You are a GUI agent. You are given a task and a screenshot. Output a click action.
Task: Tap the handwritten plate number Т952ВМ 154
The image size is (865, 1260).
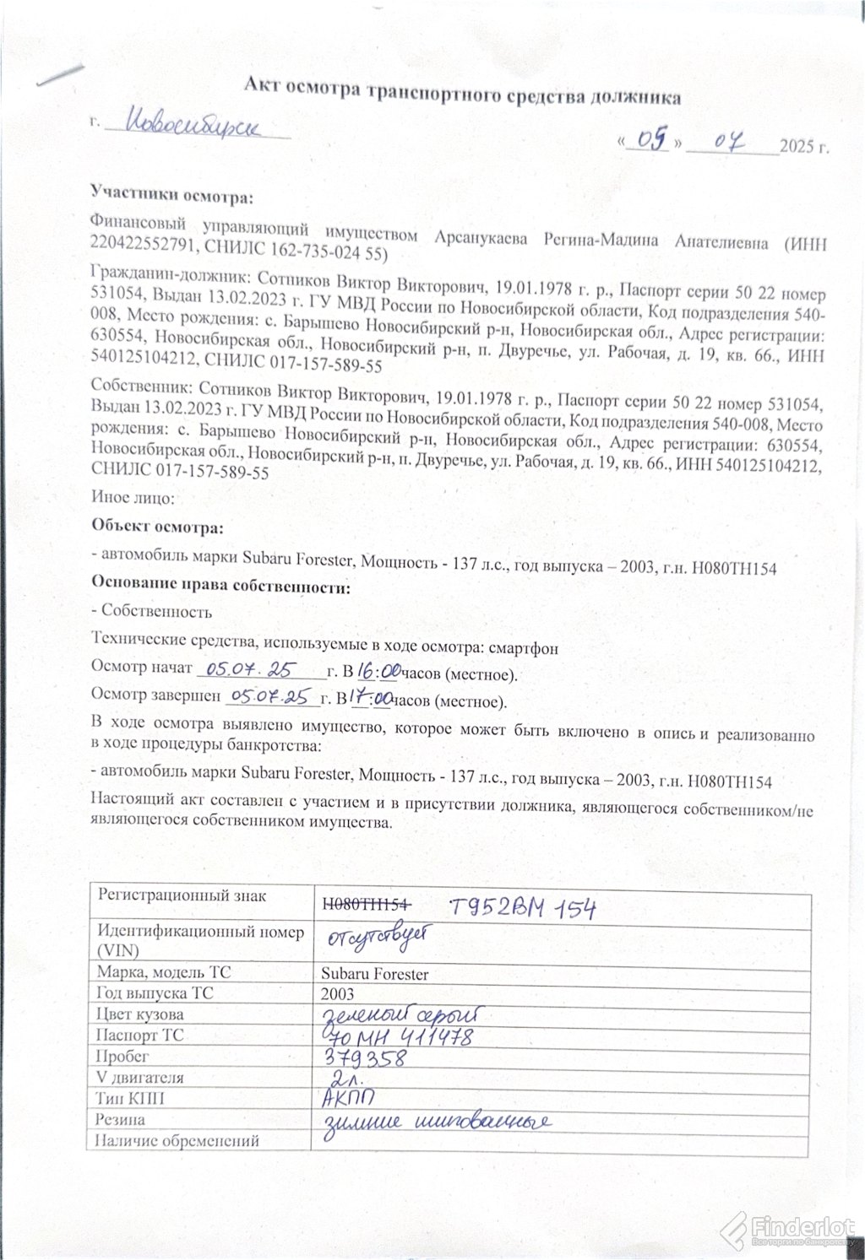click(523, 908)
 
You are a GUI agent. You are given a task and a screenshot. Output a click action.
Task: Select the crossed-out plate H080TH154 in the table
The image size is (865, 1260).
click(367, 903)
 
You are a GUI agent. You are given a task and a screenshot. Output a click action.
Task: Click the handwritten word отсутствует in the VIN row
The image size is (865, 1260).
click(379, 938)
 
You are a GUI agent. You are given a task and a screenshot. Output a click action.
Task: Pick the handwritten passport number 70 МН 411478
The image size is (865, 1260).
click(398, 1036)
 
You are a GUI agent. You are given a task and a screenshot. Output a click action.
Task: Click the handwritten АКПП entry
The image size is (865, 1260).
click(351, 1098)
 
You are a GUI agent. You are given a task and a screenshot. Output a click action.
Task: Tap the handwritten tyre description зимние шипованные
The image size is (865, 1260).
click(438, 1122)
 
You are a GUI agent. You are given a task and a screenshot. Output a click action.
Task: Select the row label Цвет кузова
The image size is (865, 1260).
click(140, 1014)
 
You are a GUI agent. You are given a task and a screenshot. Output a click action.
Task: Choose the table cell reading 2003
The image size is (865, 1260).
click(338, 994)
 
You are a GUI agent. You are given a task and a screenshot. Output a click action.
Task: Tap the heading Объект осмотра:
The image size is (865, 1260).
click(157, 528)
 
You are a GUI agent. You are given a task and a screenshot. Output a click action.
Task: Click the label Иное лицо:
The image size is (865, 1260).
click(133, 499)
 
